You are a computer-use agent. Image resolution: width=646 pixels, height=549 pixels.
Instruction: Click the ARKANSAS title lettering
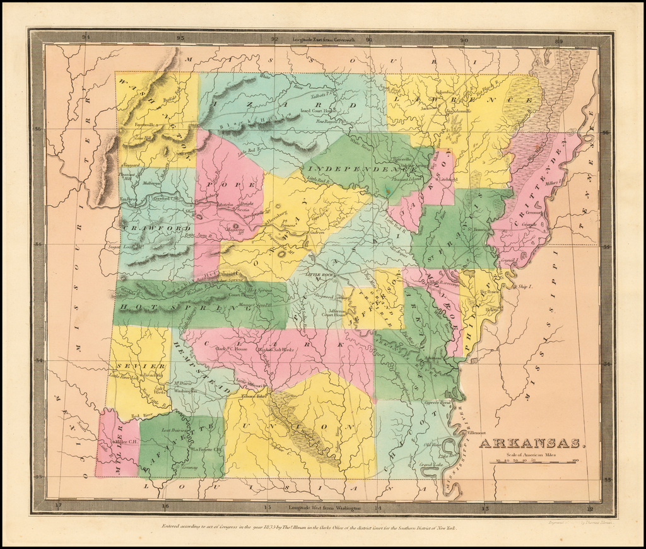(x=532, y=443)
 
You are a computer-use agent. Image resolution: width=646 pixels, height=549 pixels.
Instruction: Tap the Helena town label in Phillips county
(x=492, y=309)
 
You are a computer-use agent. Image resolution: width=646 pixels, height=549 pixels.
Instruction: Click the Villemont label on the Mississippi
(x=478, y=432)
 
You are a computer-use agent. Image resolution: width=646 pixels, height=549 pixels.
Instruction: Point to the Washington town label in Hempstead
(x=186, y=391)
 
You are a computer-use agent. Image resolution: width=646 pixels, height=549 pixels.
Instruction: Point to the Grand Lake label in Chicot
(x=431, y=465)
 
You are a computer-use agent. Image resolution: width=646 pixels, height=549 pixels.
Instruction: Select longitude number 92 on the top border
(x=274, y=39)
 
